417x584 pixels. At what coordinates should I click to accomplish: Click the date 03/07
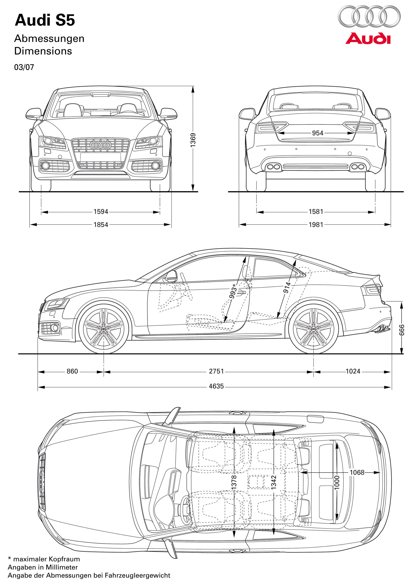point(24,67)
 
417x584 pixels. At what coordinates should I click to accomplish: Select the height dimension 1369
point(193,140)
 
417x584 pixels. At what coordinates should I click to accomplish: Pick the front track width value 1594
point(101,212)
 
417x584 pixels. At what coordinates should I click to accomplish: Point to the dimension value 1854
point(101,225)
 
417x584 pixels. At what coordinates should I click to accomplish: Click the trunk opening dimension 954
point(317,133)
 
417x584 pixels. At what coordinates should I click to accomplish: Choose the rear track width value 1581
point(316,212)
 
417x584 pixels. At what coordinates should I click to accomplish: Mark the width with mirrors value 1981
point(316,225)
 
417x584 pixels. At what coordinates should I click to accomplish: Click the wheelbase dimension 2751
point(216,371)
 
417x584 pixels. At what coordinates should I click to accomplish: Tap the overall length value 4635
point(216,386)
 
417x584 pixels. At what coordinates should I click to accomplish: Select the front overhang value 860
point(72,371)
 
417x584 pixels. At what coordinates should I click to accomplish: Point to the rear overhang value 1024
point(353,371)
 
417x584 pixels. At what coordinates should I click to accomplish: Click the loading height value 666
point(402,330)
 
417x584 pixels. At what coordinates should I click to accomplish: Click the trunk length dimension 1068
point(357,472)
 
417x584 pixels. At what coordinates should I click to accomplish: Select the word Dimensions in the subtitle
point(43,51)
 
